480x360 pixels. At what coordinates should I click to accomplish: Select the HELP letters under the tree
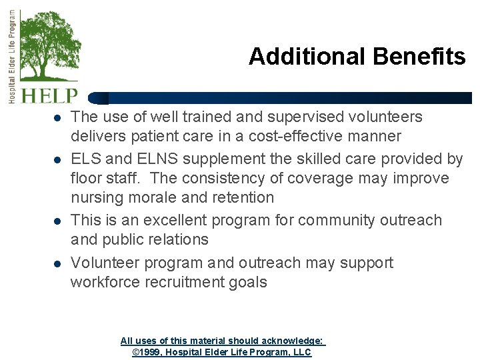[x=50, y=95]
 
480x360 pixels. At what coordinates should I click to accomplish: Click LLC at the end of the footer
[x=302, y=352]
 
